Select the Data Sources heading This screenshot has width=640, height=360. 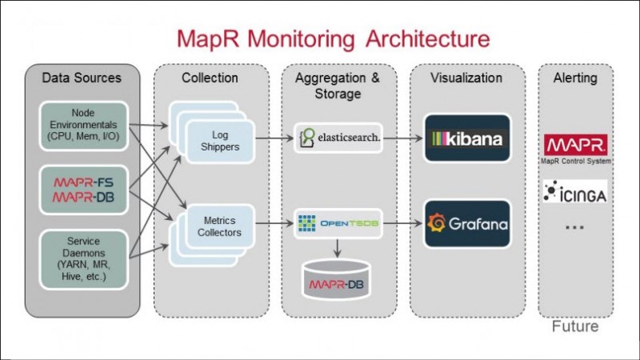pyautogui.click(x=82, y=78)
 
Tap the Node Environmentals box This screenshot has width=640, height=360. pyautogui.click(x=82, y=124)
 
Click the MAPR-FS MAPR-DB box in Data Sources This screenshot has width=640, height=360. pyautogui.click(x=82, y=190)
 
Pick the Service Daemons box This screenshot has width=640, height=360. pyautogui.click(x=82, y=256)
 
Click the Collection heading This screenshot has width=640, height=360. pyautogui.click(x=210, y=78)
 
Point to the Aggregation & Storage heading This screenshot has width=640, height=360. pyautogui.click(x=338, y=86)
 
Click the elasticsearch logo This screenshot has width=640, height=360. pyautogui.click(x=338, y=138)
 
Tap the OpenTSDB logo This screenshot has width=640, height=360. pyautogui.click(x=338, y=224)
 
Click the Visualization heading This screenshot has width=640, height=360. pyautogui.click(x=466, y=78)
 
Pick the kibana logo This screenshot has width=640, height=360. pyautogui.click(x=466, y=138)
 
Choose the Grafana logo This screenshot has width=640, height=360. pyautogui.click(x=466, y=224)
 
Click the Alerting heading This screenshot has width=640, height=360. pyautogui.click(x=576, y=78)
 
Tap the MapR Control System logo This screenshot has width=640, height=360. pyautogui.click(x=576, y=147)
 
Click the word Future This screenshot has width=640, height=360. pyautogui.click(x=576, y=327)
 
